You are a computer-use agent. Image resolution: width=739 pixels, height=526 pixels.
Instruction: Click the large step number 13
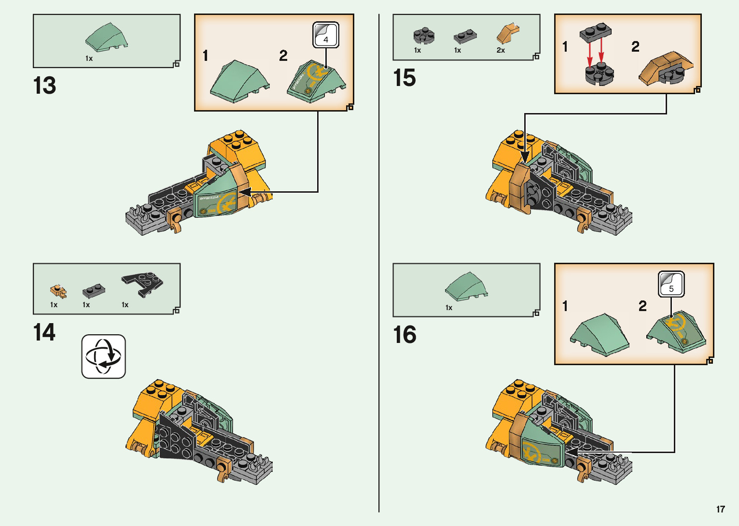(x=44, y=85)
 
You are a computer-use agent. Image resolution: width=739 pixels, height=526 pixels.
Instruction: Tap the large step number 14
(x=44, y=332)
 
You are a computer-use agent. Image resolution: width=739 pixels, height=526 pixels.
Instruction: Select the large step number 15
(x=404, y=78)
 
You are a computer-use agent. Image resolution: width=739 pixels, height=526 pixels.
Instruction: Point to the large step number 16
(x=404, y=335)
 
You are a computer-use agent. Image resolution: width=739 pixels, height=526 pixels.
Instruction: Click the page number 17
(x=721, y=509)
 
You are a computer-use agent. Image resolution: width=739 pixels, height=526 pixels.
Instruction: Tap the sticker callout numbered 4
(x=326, y=35)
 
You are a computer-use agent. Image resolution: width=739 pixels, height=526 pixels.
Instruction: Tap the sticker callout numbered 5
(x=671, y=284)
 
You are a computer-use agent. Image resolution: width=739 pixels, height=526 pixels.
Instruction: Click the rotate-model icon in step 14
(x=104, y=356)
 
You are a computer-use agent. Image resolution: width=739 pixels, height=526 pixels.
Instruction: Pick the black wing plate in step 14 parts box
(x=142, y=284)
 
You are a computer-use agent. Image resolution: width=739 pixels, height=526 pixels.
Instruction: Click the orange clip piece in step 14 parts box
(x=58, y=291)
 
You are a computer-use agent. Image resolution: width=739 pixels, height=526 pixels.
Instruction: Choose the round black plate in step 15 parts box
(x=424, y=35)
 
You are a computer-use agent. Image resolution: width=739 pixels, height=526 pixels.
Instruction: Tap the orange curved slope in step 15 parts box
(x=508, y=33)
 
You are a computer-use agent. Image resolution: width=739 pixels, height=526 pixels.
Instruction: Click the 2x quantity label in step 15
(x=501, y=50)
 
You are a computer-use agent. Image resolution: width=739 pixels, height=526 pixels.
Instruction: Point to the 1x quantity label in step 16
(x=449, y=308)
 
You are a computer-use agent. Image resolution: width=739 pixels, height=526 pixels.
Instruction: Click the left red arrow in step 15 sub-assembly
(x=589, y=52)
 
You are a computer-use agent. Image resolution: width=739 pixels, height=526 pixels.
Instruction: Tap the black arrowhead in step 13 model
(x=245, y=192)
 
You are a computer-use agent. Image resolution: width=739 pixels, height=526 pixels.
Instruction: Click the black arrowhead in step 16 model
(x=572, y=452)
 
